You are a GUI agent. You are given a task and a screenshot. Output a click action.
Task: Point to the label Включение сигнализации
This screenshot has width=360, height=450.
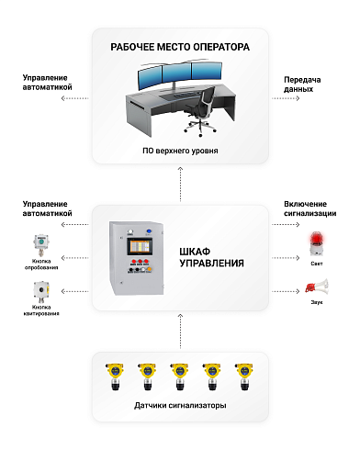pyautogui.click(x=309, y=208)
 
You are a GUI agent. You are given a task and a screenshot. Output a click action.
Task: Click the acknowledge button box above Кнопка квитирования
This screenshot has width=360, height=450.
pyautogui.click(x=40, y=293)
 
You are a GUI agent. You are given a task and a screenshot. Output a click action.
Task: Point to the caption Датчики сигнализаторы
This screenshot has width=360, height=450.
pyautogui.click(x=180, y=405)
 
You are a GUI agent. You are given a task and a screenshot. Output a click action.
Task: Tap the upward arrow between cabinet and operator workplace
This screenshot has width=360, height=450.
pyautogui.click(x=180, y=188)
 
